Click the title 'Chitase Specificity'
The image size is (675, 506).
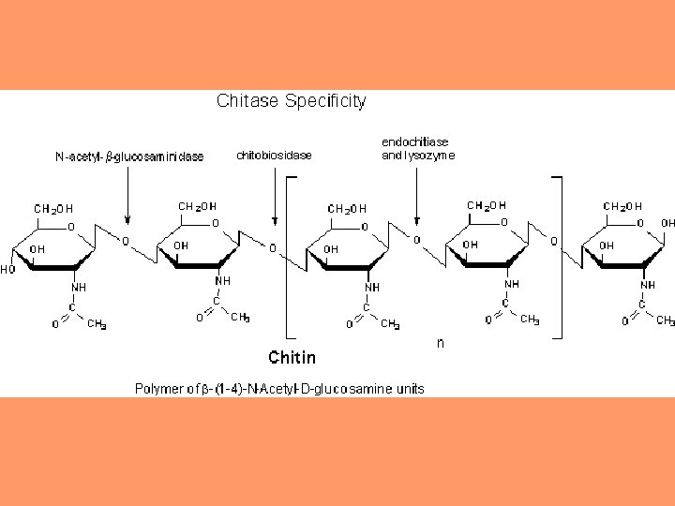pyautogui.click(x=291, y=99)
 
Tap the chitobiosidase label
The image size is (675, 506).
pyautogui.click(x=274, y=155)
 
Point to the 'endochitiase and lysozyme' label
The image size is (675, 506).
pyautogui.click(x=418, y=148)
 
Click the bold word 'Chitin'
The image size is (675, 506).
pyautogui.click(x=292, y=357)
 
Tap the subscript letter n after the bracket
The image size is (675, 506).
pyautogui.click(x=441, y=343)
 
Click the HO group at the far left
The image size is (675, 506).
pyautogui.click(x=8, y=269)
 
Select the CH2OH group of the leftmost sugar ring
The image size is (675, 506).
pyautogui.click(x=53, y=207)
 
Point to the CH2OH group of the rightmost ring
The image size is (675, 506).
pyautogui.click(x=622, y=205)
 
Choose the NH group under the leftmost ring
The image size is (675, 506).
pyautogui.click(x=80, y=287)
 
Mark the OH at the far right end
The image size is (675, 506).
pyautogui.click(x=667, y=224)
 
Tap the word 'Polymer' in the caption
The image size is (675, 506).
pyautogui.click(x=157, y=388)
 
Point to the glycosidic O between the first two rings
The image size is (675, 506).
pyautogui.click(x=126, y=241)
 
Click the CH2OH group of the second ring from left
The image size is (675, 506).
pyautogui.click(x=197, y=205)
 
